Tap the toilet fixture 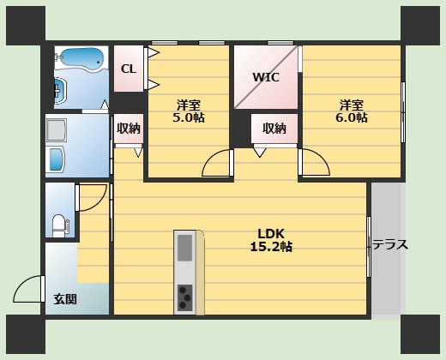coord(59,226)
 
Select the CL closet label coord(129,69)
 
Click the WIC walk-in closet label coord(266,77)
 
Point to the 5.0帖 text coord(189,117)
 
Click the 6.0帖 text coord(352,117)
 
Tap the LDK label coord(271,234)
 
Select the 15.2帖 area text coord(271,247)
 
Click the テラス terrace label coord(390,245)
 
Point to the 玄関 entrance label coord(65,299)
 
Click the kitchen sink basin coord(184,248)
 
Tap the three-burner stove coord(184,297)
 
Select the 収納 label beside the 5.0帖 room coord(129,129)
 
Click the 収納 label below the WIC coord(274,129)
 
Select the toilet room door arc coord(99,203)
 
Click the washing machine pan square coord(57,130)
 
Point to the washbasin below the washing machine coord(57,159)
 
